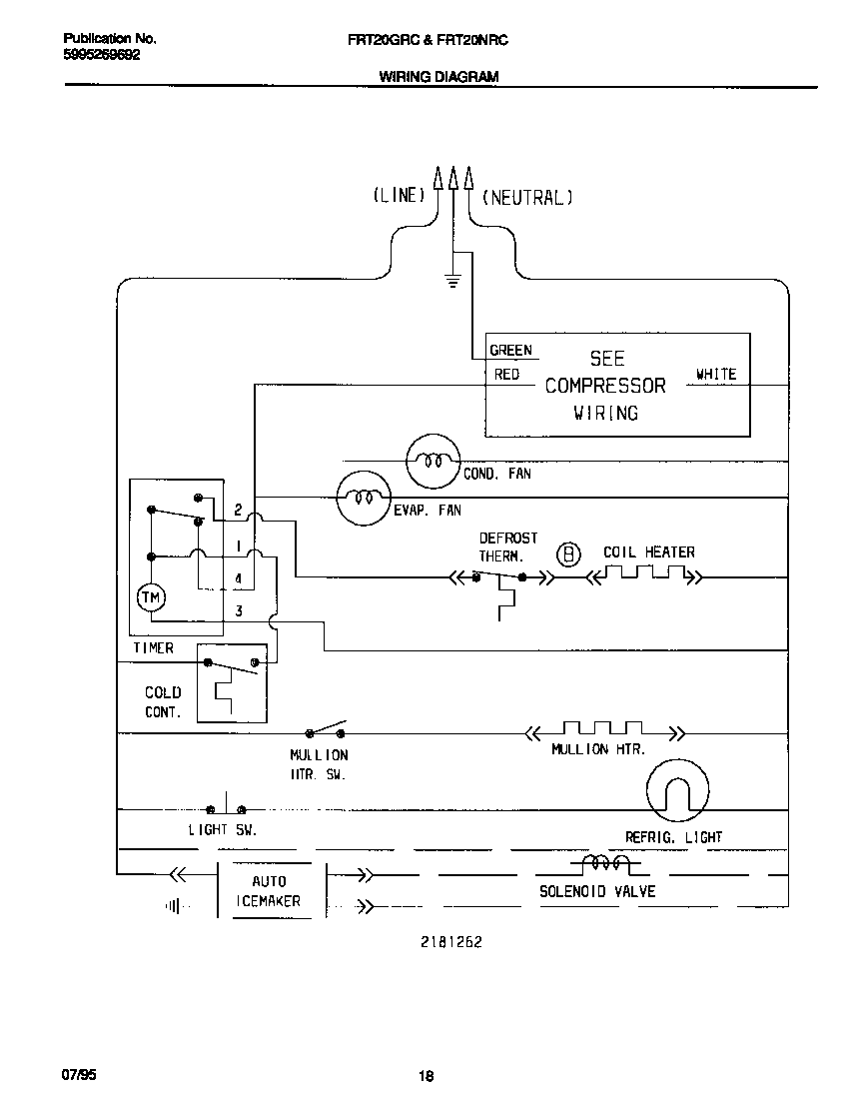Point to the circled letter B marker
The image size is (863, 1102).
coord(568,555)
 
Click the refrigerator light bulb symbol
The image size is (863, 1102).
coord(677,790)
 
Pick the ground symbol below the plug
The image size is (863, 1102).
coord(453,283)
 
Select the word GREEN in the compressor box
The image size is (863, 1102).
coord(511,350)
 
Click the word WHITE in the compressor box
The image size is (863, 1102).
coord(716,374)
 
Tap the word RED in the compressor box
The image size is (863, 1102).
coord(506,375)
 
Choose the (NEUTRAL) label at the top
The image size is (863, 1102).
coord(527,198)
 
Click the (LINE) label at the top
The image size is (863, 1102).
coord(400,195)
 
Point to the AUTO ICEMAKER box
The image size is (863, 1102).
coord(272,890)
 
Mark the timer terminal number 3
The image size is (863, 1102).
coord(239,611)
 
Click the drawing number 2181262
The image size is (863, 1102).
coord(451,942)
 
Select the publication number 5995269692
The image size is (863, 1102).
coord(101,54)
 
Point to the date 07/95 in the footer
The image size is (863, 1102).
coord(79,1075)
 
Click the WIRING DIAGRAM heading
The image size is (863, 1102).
coord(438,77)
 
